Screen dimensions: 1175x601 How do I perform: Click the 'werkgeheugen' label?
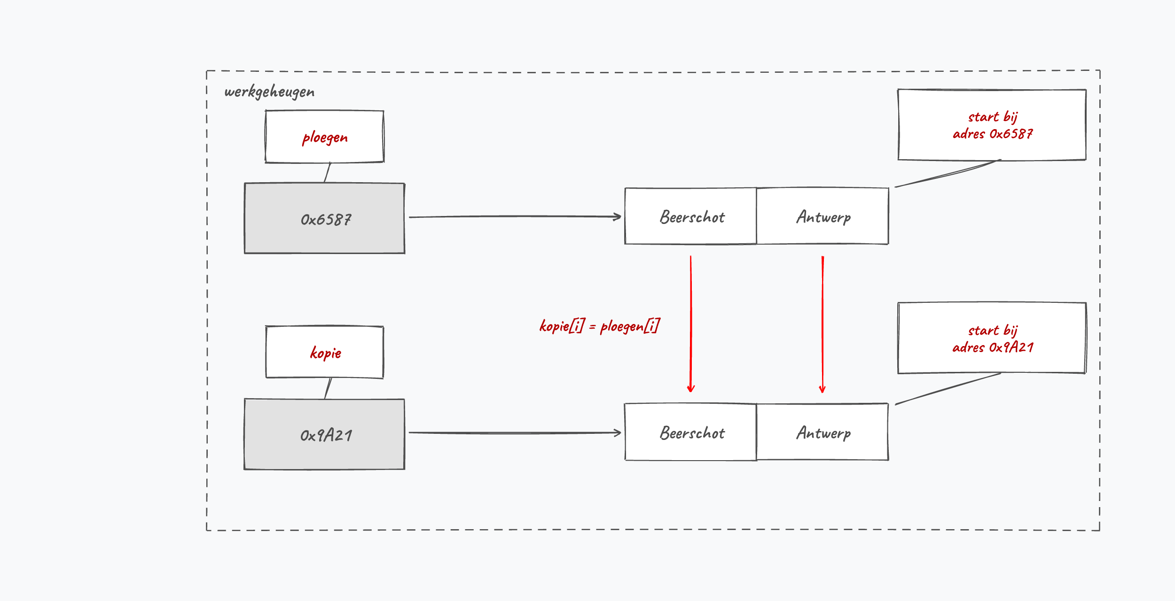pos(269,92)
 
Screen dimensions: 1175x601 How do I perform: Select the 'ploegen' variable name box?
pos(324,137)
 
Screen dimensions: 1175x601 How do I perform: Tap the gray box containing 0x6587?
pos(324,218)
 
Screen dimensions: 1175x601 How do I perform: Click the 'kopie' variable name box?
pos(324,352)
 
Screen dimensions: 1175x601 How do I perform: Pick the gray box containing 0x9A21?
pos(324,434)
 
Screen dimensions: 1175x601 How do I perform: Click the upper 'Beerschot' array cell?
pos(690,216)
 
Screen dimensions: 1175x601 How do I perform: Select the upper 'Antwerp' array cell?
pos(822,216)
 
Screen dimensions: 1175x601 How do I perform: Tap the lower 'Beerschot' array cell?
pos(690,432)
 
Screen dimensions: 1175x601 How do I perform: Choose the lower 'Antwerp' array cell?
pos(822,432)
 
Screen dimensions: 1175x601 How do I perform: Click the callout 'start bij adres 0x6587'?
pos(992,125)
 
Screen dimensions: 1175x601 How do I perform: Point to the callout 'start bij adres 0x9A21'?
pos(992,338)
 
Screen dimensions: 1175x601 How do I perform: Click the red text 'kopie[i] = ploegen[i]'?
pos(600,326)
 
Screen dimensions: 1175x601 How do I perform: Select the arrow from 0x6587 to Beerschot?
pos(515,216)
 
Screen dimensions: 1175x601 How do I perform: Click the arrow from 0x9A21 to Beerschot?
pos(515,432)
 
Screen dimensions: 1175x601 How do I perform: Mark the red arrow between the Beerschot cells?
pos(691,324)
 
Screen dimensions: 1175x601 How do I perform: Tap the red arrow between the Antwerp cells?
pos(822,324)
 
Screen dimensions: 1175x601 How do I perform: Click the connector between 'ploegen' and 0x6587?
pos(328,172)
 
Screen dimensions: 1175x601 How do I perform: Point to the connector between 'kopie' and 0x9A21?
pos(328,389)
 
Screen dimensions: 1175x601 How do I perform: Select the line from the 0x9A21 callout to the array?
pos(948,389)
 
